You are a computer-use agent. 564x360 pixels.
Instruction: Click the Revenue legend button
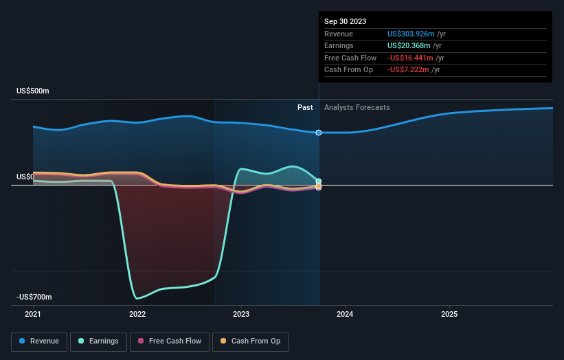click(40, 341)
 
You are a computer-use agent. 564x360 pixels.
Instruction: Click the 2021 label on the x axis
click(33, 314)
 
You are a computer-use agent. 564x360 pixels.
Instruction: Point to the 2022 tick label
click(137, 314)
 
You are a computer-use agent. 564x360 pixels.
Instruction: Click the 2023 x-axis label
click(241, 314)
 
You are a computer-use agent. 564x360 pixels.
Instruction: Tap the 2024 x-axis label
click(345, 314)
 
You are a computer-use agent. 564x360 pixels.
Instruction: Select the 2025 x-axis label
click(449, 314)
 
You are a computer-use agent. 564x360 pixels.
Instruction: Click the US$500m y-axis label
click(33, 91)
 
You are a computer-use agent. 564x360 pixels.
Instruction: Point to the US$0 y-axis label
click(25, 177)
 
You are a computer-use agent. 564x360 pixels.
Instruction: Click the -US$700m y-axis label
click(34, 297)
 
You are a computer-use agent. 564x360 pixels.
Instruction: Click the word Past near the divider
click(305, 107)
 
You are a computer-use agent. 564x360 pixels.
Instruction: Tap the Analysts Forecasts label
click(357, 107)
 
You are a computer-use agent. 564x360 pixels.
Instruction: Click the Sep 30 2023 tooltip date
click(345, 21)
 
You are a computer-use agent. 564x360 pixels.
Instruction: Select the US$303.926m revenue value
click(409, 34)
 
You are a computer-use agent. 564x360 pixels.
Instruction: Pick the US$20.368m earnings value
click(407, 46)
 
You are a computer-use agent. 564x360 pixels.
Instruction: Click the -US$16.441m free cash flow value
click(409, 58)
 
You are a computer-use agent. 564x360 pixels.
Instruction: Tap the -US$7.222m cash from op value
click(407, 70)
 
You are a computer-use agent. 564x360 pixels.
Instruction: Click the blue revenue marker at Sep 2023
click(319, 132)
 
